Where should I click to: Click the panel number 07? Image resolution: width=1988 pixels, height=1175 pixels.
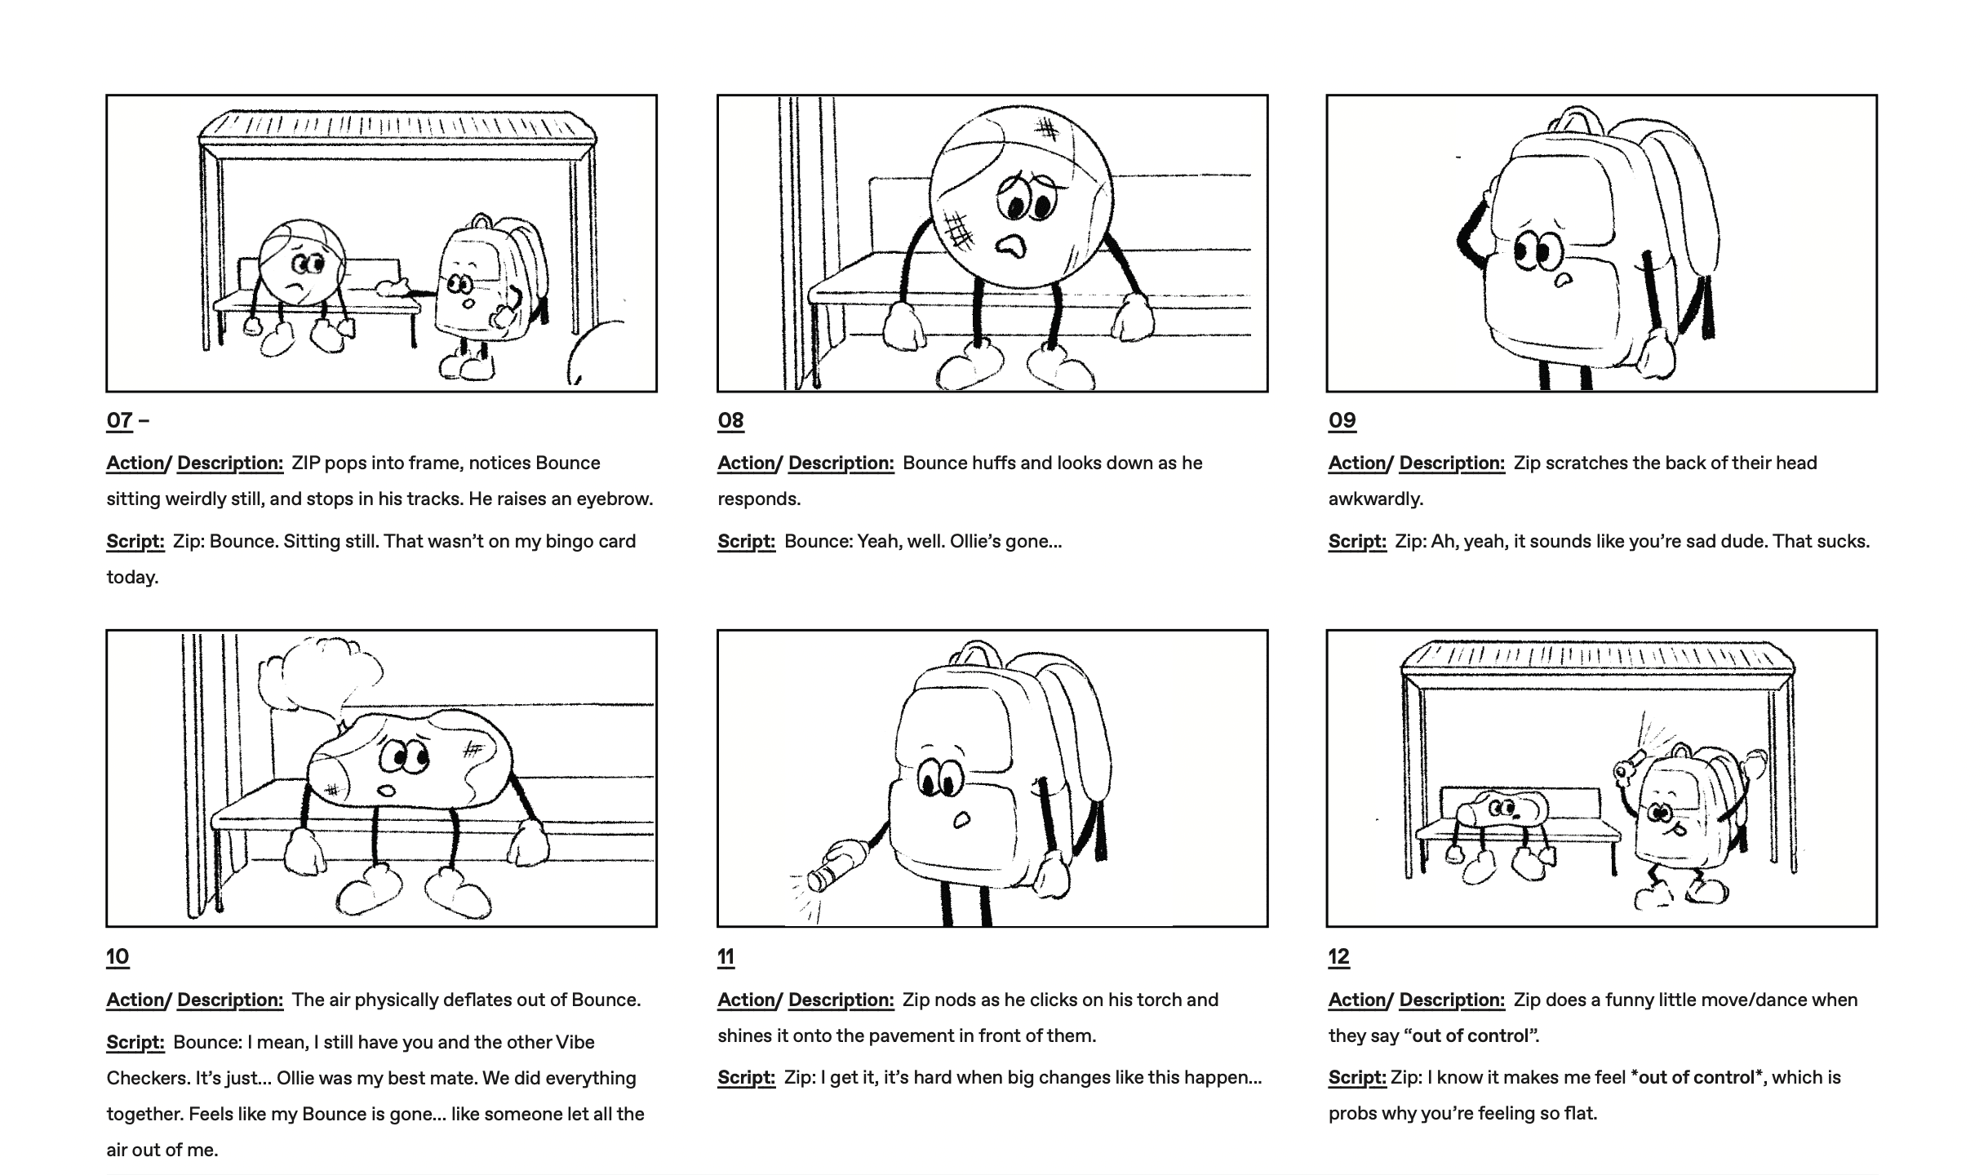pos(119,420)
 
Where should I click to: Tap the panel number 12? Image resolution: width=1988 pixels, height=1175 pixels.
pos(1339,956)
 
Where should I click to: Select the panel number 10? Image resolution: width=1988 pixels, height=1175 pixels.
pos(118,956)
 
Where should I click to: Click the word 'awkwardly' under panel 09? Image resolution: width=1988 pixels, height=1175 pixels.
pos(1375,499)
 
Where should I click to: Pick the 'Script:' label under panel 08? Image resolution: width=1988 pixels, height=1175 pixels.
pos(746,541)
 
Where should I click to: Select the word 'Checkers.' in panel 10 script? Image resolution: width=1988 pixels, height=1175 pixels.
pos(146,1078)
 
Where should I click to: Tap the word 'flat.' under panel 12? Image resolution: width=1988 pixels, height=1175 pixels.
pos(1577,1113)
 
